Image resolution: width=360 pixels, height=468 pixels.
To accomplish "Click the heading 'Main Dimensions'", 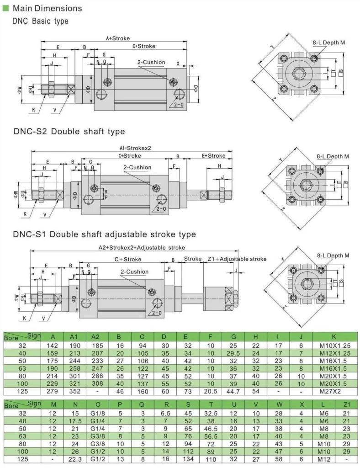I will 48,8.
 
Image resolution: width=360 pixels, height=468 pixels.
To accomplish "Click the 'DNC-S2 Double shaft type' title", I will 69,132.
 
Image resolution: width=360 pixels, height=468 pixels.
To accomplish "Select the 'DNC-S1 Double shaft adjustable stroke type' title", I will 105,234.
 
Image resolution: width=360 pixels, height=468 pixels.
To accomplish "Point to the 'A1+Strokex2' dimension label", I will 135,148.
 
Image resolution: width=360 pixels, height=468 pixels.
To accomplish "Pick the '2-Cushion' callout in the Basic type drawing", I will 150,62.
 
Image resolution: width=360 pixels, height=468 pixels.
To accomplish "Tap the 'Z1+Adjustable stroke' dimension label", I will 237,259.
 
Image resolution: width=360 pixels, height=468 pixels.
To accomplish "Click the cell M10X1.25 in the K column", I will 334,346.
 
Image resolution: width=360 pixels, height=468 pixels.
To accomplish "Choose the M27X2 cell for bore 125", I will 334,392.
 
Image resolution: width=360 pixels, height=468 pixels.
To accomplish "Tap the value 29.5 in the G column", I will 233,354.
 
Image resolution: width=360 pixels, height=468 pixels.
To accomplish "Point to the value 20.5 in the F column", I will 210,392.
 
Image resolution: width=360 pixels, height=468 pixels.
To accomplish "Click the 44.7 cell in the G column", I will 233,392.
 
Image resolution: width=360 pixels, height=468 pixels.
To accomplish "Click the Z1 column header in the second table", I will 346,404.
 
